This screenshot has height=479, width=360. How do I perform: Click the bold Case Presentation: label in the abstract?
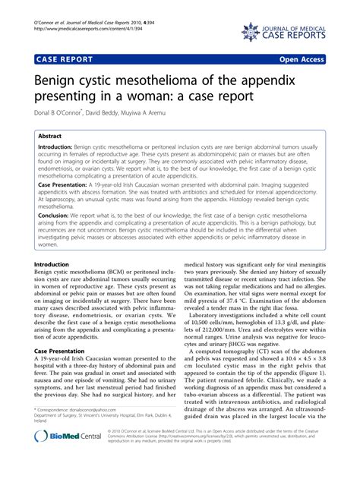(x=67, y=184)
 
